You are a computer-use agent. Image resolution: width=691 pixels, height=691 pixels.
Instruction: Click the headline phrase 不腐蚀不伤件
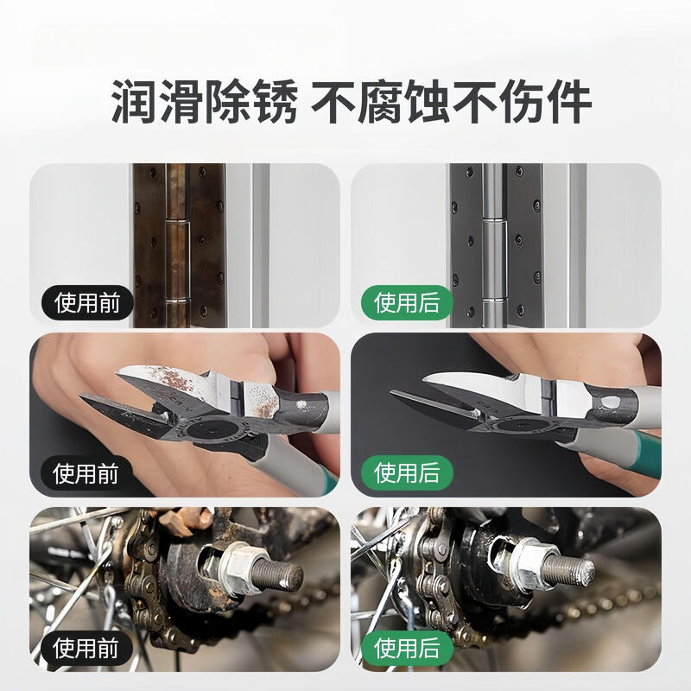pos(451,104)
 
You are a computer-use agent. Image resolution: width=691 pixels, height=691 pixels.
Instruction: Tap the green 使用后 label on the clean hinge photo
pos(406,302)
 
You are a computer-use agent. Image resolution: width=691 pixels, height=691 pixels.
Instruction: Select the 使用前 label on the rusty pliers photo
pos(86,472)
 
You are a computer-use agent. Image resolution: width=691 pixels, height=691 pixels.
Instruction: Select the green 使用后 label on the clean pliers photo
pos(406,472)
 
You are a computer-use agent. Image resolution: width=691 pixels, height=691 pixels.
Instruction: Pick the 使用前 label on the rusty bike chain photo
pos(86,647)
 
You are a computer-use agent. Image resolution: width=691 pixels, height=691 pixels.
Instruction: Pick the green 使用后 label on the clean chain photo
pos(406,647)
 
